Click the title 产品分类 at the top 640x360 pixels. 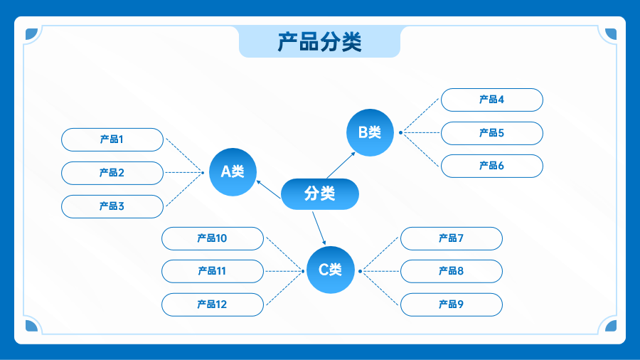tap(319, 42)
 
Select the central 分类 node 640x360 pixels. tap(320, 194)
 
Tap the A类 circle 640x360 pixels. tap(233, 172)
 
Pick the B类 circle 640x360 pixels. tap(370, 132)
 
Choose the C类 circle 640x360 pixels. tap(330, 270)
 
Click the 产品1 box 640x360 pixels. tap(112, 139)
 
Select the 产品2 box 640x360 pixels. tap(112, 173)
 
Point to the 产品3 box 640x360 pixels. tap(112, 206)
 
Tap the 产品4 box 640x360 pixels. tap(492, 100)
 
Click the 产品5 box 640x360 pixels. tap(492, 134)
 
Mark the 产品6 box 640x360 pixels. tap(492, 166)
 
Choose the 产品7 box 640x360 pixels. tap(452, 239)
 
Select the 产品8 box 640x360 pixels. tap(452, 272)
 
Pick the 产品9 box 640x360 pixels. tap(452, 305)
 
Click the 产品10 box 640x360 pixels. tap(213, 239)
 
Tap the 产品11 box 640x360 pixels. tap(213, 272)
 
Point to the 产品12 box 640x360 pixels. tap(213, 305)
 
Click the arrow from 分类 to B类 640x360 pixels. tap(341, 165)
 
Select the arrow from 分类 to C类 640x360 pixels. tap(319, 228)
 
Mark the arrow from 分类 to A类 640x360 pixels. tap(269, 189)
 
